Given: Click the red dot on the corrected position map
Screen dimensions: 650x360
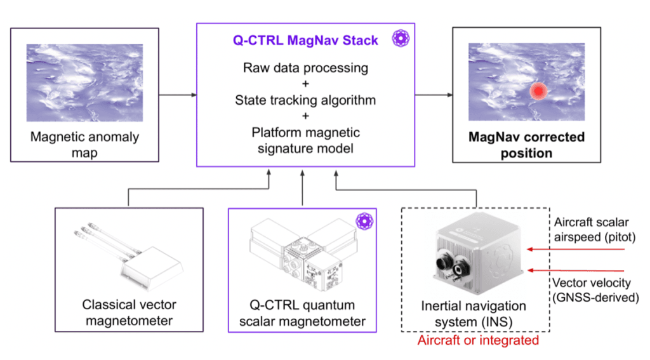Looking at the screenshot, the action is pyautogui.click(x=538, y=91).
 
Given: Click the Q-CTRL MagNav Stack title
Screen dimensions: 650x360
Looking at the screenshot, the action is pyautogui.click(x=305, y=40).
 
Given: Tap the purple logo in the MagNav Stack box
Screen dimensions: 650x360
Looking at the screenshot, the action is pyautogui.click(x=401, y=38).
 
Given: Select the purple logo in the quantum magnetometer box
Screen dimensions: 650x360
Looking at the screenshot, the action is pyautogui.click(x=364, y=221).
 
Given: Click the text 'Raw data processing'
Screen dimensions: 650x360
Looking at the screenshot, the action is pyautogui.click(x=305, y=67).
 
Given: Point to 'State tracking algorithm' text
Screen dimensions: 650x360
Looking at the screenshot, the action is pyautogui.click(x=305, y=100).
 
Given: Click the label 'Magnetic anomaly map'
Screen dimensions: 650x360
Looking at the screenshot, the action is pyautogui.click(x=84, y=144).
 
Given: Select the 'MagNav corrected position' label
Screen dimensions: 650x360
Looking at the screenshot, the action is pyautogui.click(x=526, y=145).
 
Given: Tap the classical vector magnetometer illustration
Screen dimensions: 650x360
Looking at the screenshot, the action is pyautogui.click(x=128, y=257).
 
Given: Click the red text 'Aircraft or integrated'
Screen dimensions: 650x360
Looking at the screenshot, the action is pyautogui.click(x=478, y=340).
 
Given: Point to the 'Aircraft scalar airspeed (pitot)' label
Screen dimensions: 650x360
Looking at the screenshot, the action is pyautogui.click(x=594, y=229).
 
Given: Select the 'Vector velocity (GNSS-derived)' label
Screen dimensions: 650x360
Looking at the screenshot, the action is pyautogui.click(x=595, y=290).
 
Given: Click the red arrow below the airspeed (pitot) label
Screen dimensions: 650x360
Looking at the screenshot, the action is pyautogui.click(x=576, y=250).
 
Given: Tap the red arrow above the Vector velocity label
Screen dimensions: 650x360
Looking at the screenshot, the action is pyautogui.click(x=576, y=270).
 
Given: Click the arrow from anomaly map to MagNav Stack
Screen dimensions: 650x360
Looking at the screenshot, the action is pyautogui.click(x=178, y=95).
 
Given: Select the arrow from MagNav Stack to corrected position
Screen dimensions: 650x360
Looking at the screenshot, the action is pyautogui.click(x=434, y=95).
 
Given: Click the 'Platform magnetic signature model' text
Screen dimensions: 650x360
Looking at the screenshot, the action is pyautogui.click(x=305, y=140).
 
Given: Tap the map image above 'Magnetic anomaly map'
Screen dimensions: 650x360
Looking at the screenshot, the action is pyautogui.click(x=84, y=83).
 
